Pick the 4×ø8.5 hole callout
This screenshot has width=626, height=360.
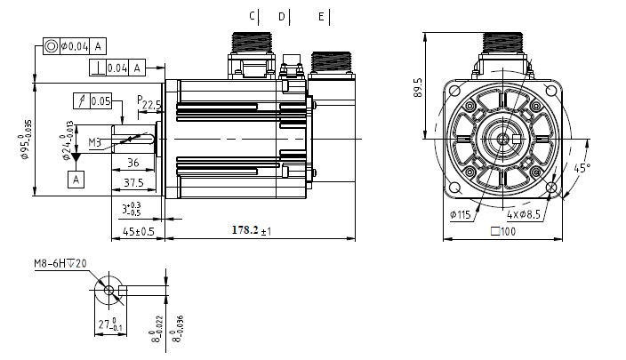pyautogui.click(x=526, y=214)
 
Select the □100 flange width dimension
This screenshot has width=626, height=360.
pyautogui.click(x=503, y=231)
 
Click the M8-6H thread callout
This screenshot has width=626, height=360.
pyautogui.click(x=59, y=263)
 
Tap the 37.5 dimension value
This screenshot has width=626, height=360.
pyautogui.click(x=133, y=182)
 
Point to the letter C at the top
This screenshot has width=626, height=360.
pyautogui.click(x=253, y=16)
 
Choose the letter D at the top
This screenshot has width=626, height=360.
pyautogui.click(x=282, y=16)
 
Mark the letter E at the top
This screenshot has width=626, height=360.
pyautogui.click(x=321, y=16)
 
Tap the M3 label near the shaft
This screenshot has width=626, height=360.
pyautogui.click(x=95, y=141)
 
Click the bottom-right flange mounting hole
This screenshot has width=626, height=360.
pyautogui.click(x=551, y=188)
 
